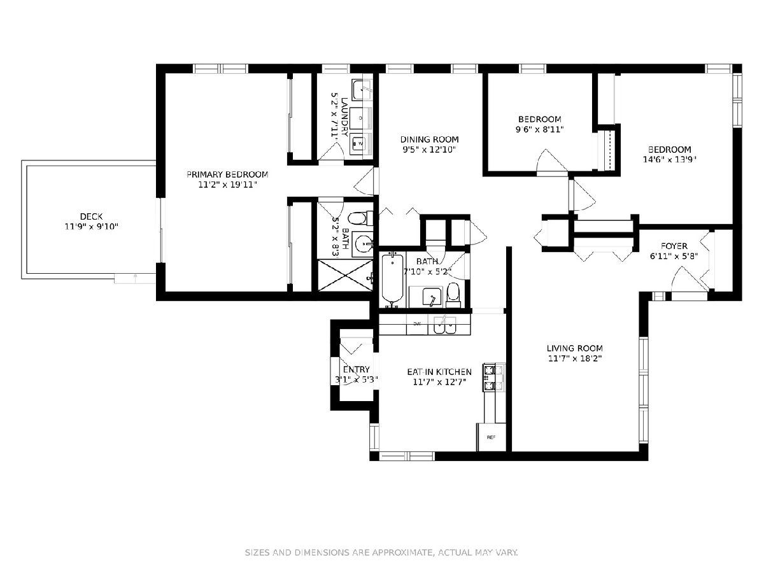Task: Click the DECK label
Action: coord(91,216)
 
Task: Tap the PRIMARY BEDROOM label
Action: coord(227,174)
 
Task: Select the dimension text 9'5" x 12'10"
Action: coord(429,150)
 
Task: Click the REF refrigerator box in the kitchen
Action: coord(491,437)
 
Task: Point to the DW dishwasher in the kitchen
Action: coord(417,324)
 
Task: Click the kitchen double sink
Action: coord(445,325)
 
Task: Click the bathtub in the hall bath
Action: coord(393,279)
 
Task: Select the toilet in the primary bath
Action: coord(360,218)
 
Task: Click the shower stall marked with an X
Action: coord(345,275)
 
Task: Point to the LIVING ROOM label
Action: coord(575,348)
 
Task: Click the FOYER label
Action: coord(674,246)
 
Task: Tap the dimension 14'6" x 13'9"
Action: coord(669,160)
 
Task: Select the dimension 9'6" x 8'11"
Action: coord(539,129)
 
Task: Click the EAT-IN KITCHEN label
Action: coord(439,372)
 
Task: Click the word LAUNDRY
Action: coord(344,117)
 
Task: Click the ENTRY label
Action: coord(357,369)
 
